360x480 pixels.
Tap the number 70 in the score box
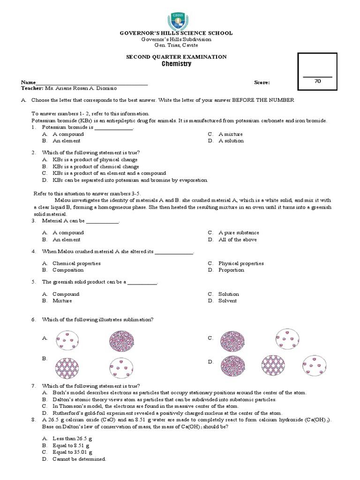(x=317, y=81)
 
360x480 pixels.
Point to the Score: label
(x=262, y=82)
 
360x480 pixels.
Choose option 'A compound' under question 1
(x=68, y=134)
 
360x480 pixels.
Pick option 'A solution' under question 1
(x=231, y=141)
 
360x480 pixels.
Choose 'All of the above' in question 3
(x=237, y=240)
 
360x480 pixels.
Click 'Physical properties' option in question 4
(x=241, y=263)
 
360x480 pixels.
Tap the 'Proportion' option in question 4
(x=231, y=270)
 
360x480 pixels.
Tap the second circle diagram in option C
(x=286, y=338)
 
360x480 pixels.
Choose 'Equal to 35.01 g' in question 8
(x=72, y=452)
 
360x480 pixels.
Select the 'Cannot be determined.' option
(x=79, y=459)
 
